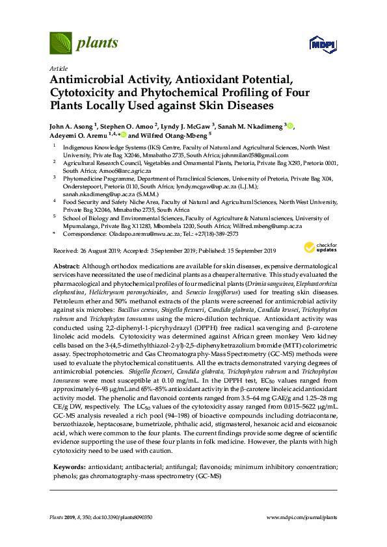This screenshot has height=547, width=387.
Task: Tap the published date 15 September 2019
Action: point(239,251)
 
